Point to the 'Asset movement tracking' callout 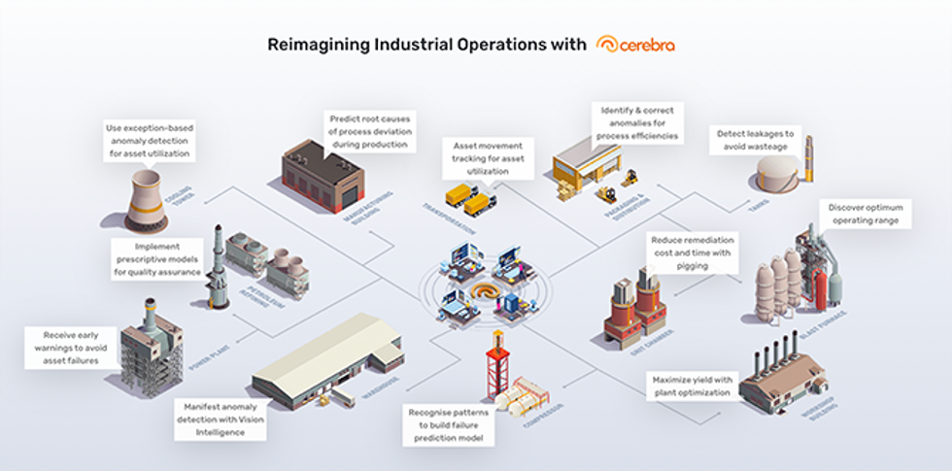click(x=487, y=157)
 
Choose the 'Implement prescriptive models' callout click(x=154, y=259)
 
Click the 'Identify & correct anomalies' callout click(x=636, y=122)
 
